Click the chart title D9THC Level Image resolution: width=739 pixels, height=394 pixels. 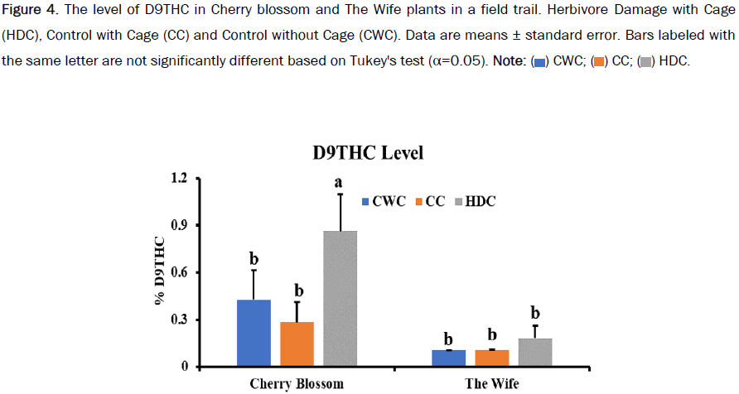368,153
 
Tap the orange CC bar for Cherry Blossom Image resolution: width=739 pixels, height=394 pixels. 297,344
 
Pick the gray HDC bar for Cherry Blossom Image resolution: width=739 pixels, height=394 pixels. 340,298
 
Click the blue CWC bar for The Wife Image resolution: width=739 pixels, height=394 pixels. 448,358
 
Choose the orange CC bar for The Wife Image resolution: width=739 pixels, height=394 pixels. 491,358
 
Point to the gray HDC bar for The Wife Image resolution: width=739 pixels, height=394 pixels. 534,352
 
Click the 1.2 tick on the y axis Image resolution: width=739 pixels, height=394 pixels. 180,179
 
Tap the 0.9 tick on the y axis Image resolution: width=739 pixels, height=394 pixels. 180,225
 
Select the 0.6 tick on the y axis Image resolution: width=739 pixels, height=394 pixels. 180,272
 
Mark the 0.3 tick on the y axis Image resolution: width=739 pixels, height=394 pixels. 180,320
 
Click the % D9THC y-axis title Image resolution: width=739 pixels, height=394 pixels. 159,271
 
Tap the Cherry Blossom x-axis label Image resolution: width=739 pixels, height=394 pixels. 297,384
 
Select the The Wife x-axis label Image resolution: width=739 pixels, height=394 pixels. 491,384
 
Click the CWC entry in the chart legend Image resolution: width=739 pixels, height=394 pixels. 384,201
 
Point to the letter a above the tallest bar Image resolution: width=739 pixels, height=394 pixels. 341,180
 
